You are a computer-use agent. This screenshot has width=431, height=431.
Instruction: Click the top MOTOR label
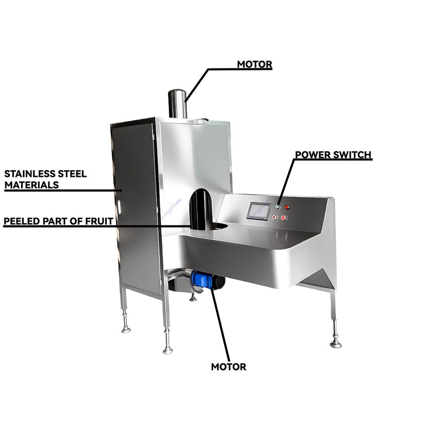pos(255,64)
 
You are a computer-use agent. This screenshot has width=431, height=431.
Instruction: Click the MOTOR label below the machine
pos(229,367)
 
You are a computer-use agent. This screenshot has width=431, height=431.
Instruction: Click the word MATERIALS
pos(31,185)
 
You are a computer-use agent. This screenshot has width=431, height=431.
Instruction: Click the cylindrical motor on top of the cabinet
pos(177,103)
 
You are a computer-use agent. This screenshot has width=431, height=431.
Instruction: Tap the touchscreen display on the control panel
pos(259,211)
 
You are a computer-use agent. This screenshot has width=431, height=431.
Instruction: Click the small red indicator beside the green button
pos(287,207)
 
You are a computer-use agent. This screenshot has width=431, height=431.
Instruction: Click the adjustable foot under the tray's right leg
pos(335,343)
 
